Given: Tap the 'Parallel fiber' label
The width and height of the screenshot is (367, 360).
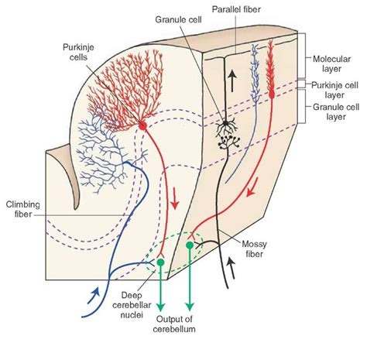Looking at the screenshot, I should click(257, 9).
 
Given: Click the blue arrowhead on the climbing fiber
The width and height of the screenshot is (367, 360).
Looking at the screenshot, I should click(94, 293).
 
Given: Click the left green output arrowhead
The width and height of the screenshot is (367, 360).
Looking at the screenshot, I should click(160, 305).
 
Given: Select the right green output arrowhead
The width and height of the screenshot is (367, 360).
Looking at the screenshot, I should click(190, 305).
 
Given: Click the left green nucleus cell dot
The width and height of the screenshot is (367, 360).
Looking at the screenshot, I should click(160, 262).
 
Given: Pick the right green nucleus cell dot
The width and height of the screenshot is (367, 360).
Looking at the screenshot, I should click(190, 245).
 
